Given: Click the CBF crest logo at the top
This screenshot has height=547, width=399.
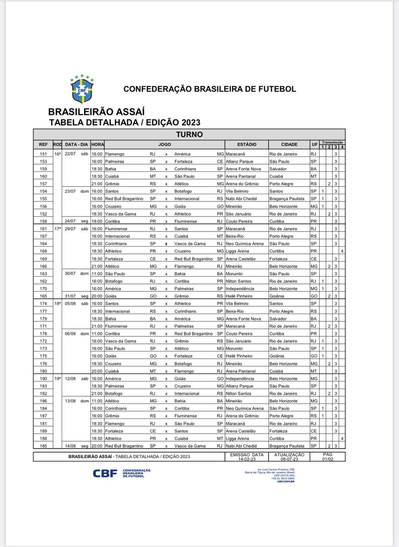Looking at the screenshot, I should (x=83, y=88).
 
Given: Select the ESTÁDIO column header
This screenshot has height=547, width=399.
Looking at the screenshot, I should (x=247, y=144).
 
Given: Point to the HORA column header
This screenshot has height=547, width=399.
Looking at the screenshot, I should (x=97, y=144).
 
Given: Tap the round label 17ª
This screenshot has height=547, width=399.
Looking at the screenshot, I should (x=57, y=228).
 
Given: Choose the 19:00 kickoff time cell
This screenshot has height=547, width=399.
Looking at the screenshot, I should (x=97, y=221).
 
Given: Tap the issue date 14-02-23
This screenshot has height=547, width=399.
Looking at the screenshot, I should (x=247, y=459).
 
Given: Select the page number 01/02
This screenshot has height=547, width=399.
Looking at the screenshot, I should (x=327, y=459).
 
